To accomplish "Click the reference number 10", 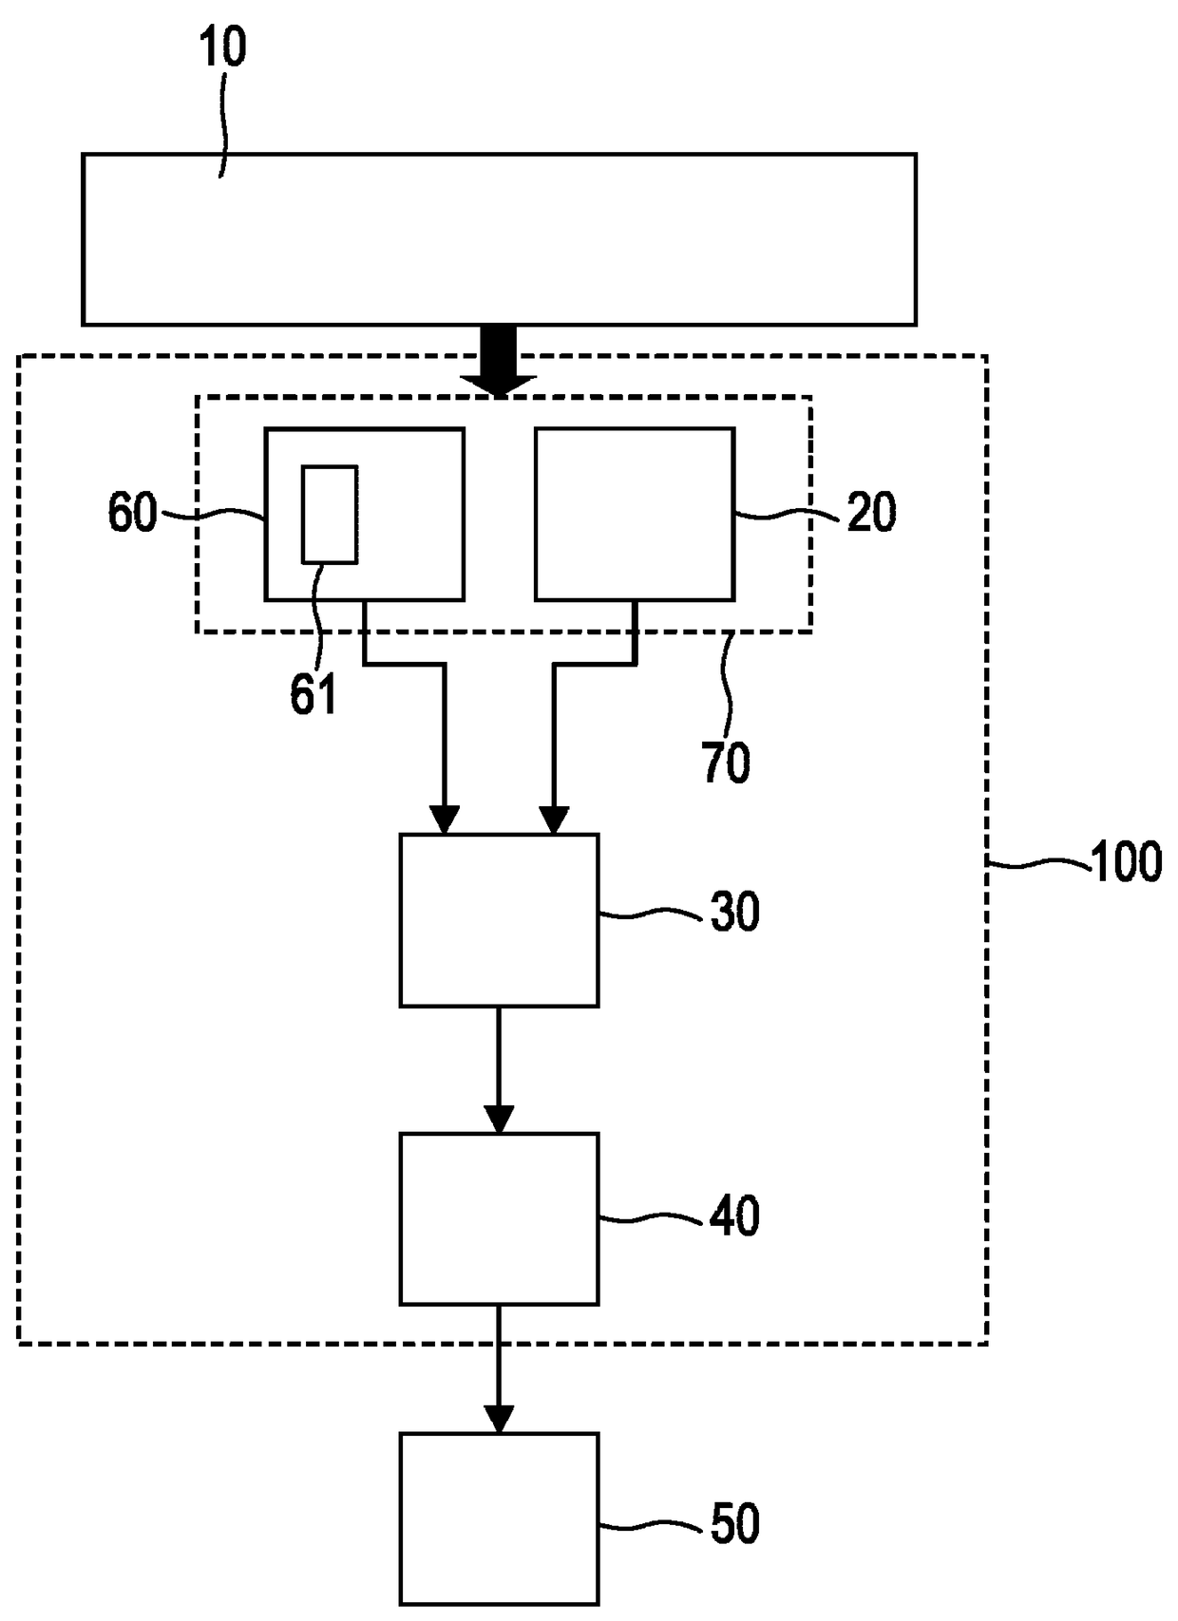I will tap(223, 47).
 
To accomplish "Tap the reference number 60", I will tap(131, 514).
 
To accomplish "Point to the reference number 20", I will tap(870, 514).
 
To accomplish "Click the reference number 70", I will tap(726, 763).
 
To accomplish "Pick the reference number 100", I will tap(1126, 863).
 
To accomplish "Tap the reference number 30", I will tap(734, 913).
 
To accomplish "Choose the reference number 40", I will tap(734, 1216).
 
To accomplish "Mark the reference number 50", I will tap(734, 1524).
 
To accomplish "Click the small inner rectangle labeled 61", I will tap(330, 515).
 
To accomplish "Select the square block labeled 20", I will tap(635, 514).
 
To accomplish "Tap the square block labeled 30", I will tap(499, 919).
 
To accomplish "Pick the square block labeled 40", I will tap(499, 1218).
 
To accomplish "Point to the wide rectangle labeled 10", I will tap(499, 239).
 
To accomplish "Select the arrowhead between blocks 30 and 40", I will tap(499, 1119).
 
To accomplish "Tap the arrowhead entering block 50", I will tap(499, 1419).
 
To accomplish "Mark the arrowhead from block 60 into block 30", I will tap(444, 820).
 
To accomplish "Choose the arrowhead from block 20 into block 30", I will tap(554, 820).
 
